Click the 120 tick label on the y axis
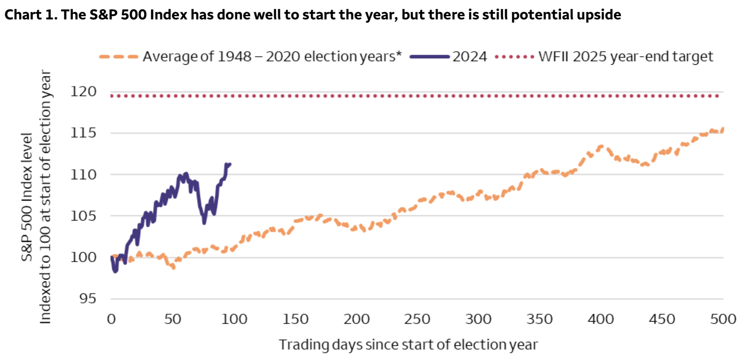[84, 92]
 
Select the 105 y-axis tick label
[84, 216]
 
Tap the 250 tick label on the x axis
[417, 320]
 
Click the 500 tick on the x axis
[723, 320]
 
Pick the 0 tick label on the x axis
[111, 320]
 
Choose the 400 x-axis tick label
[601, 320]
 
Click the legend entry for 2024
[469, 57]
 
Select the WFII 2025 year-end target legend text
[625, 57]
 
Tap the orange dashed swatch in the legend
[119, 57]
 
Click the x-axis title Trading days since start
[408, 345]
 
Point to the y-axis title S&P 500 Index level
[27, 197]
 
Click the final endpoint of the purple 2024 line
[230, 164]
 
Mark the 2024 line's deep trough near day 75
[204, 223]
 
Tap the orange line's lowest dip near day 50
[173, 267]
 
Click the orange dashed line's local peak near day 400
[601, 146]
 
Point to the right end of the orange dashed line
[723, 129]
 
